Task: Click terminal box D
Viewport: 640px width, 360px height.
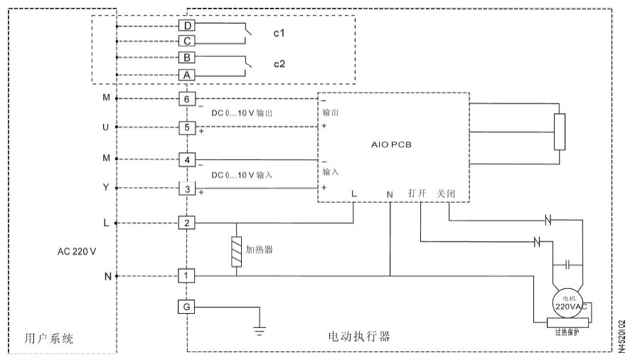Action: (x=187, y=26)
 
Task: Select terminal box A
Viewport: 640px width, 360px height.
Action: (x=187, y=75)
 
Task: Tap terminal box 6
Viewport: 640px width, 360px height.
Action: (x=187, y=99)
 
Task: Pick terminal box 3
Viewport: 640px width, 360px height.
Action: (x=187, y=189)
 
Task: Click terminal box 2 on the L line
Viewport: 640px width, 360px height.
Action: (x=187, y=223)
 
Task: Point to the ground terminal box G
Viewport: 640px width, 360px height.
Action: (x=187, y=307)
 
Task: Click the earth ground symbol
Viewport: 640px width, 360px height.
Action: (x=260, y=329)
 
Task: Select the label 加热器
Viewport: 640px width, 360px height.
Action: (x=260, y=250)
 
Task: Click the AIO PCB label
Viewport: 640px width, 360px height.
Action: (x=392, y=144)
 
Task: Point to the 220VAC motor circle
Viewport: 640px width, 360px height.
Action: (x=569, y=302)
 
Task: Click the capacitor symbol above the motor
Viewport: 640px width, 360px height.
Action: (x=567, y=265)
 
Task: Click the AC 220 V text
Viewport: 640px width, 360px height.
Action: (x=77, y=252)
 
